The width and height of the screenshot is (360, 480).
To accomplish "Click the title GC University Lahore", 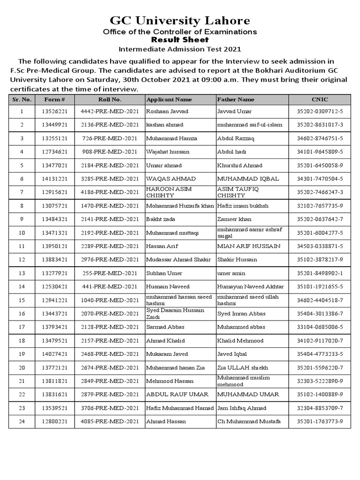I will (x=180, y=21).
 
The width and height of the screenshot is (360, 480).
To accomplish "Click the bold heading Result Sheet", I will (x=180, y=40).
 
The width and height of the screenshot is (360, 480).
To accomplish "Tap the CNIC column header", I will (x=320, y=99).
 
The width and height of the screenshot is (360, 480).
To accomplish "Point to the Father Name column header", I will (x=236, y=99).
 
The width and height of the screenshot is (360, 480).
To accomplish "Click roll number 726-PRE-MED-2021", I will (x=110, y=139).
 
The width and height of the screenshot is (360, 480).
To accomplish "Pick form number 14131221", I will (x=54, y=179).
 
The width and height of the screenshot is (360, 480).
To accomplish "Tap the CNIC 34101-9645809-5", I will (x=320, y=152).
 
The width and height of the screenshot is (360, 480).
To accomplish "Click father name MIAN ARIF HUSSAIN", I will (x=248, y=246).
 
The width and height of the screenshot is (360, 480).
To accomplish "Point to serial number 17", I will (x=22, y=327).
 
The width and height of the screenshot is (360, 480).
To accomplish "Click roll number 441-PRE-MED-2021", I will (x=110, y=286).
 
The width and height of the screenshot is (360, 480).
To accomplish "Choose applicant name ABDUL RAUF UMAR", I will (x=172, y=395).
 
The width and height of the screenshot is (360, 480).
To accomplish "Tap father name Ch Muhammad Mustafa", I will (x=249, y=422).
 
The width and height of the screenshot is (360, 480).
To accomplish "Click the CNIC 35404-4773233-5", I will (x=320, y=354).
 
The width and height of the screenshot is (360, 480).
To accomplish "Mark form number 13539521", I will (x=54, y=408).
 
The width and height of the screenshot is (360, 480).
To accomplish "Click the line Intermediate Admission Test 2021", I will (x=180, y=48).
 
